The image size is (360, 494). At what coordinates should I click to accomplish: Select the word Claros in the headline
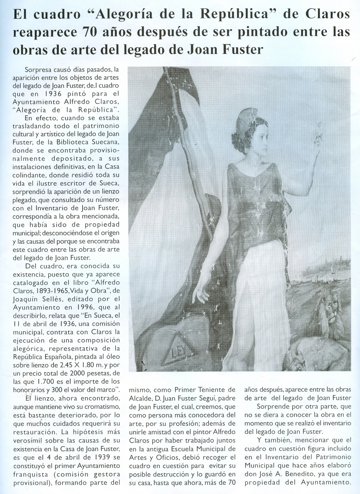[x=328, y=15]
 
